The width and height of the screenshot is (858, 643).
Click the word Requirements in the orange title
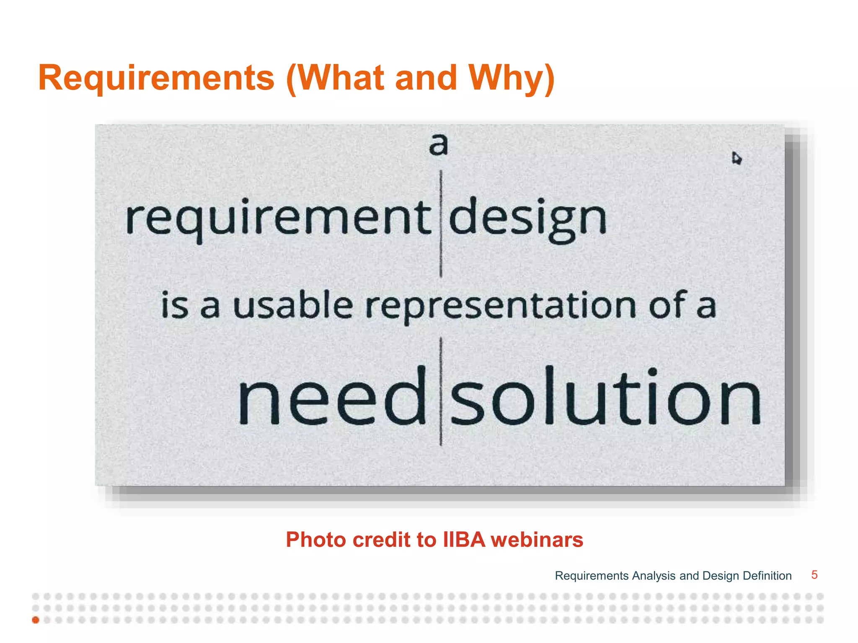click(156, 78)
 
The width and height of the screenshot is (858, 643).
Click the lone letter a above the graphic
click(438, 144)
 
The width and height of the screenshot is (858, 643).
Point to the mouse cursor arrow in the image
click(736, 158)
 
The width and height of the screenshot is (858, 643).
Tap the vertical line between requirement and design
click(441, 224)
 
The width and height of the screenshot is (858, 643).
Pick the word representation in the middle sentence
click(501, 306)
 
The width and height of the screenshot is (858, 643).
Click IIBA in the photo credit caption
click(464, 540)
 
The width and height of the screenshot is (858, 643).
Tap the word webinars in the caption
click(537, 540)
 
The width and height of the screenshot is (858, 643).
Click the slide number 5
click(814, 575)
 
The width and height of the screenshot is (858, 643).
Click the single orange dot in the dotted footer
click(36, 620)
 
